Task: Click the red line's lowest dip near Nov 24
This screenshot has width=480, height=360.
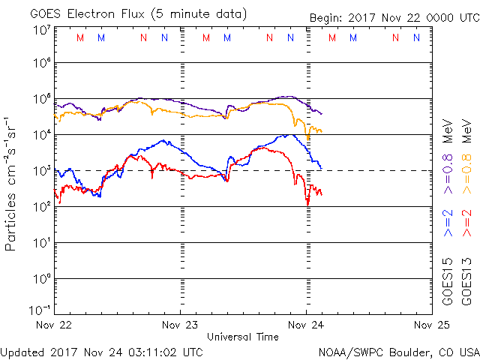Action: coord(307,203)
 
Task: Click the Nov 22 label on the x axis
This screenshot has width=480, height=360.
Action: coord(55,325)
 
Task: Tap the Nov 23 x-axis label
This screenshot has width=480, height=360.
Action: coord(180,325)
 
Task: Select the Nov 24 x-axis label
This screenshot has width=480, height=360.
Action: coord(306,325)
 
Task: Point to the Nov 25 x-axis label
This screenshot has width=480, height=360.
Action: coord(431,325)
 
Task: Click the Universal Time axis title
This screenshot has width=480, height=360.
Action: coord(243,337)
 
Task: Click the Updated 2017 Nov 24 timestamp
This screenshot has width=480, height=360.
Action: coord(101,351)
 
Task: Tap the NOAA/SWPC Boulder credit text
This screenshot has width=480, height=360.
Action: coord(398,352)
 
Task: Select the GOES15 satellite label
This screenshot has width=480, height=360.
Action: coord(448,280)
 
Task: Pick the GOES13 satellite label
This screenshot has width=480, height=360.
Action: coord(466,280)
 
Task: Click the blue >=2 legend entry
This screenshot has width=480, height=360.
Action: coord(448,223)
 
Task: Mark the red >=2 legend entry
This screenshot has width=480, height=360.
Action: coord(466,223)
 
